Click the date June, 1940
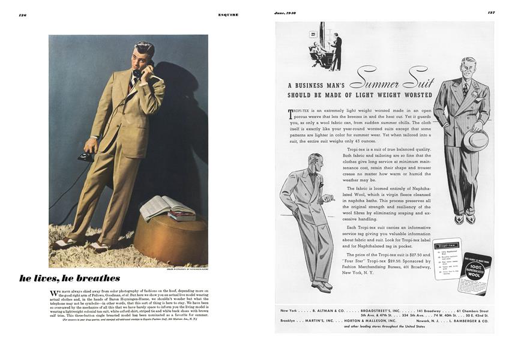286,13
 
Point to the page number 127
490,13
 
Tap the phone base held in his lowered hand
85,157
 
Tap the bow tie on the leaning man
313,174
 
